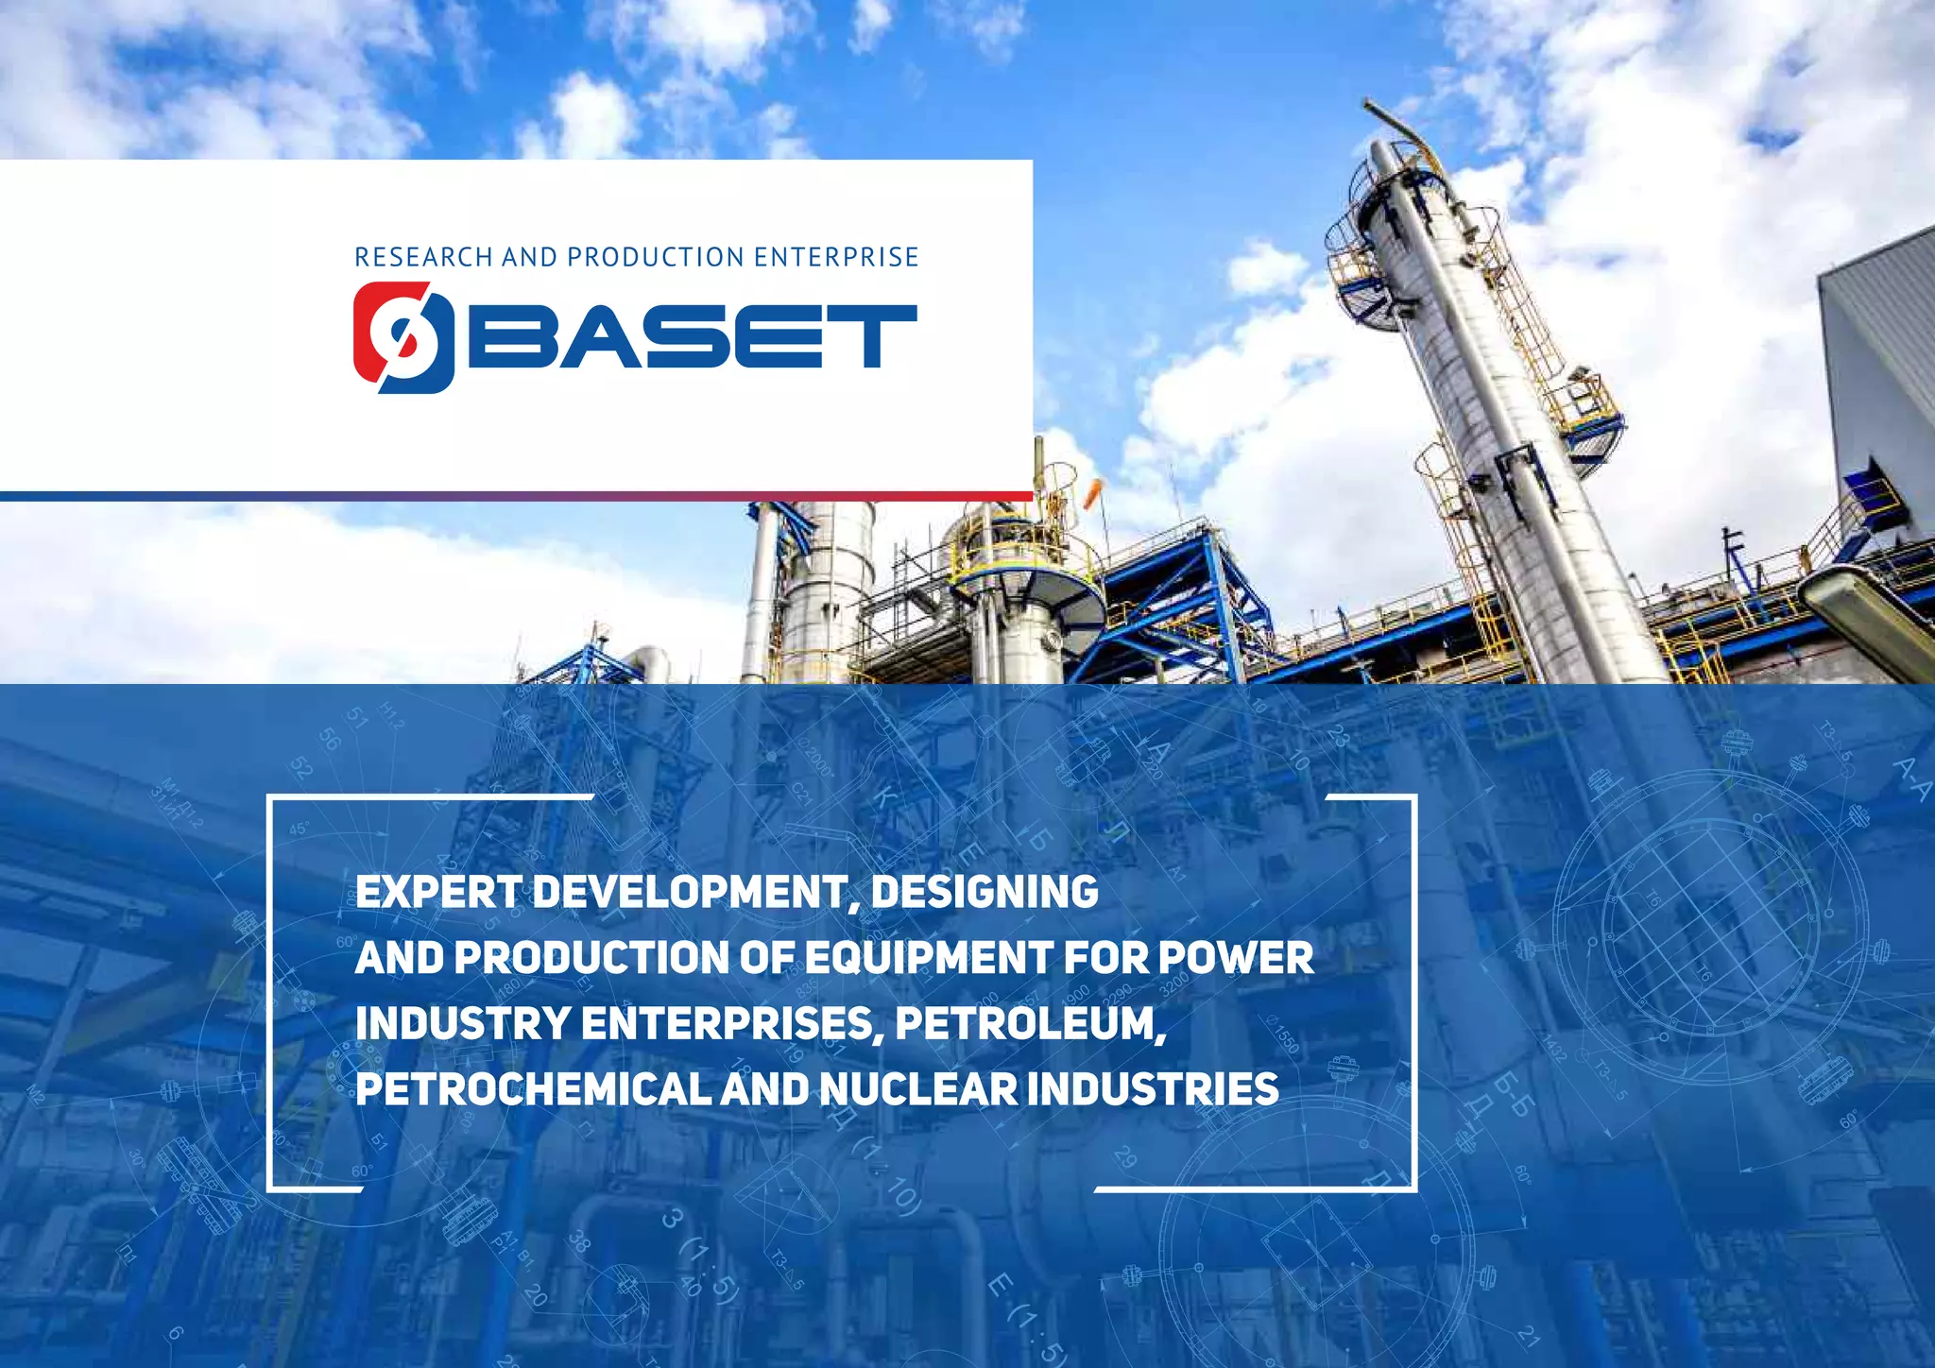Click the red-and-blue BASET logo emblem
pyautogui.click(x=403, y=337)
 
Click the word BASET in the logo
pyautogui.click(x=693, y=336)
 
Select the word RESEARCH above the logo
pyautogui.click(x=423, y=257)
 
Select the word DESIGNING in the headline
pyautogui.click(x=985, y=892)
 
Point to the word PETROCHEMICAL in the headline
pyautogui.click(x=532, y=1089)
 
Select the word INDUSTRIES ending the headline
pyautogui.click(x=1153, y=1089)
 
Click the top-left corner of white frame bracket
pyautogui.click(x=271, y=799)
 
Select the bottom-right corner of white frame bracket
pyautogui.click(x=1413, y=1188)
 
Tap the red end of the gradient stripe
pyautogui.click(x=1002, y=496)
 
